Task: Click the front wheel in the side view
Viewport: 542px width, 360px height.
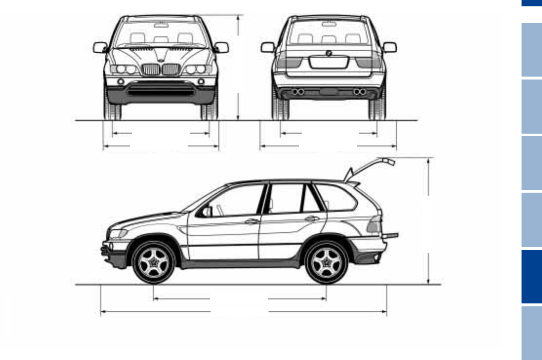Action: pos(153,262)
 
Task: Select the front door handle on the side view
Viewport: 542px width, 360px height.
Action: pos(252,221)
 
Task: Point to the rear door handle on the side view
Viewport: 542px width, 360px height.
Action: pos(312,219)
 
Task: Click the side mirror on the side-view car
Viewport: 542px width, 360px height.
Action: pos(206,211)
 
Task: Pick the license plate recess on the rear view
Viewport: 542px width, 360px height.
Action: pos(329,62)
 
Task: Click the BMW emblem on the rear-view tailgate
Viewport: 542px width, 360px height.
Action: pos(329,53)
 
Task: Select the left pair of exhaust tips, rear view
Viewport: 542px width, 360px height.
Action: pos(298,92)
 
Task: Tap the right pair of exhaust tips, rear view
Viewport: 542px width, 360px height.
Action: pos(359,92)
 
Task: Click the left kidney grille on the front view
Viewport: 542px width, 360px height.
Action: pos(151,69)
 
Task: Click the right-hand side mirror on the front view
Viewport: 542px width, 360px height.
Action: pos(222,47)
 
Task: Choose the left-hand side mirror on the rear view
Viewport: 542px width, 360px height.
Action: pos(268,47)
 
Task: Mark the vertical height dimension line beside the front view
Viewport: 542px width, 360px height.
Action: pos(238,67)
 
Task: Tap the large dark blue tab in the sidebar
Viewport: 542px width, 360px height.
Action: pos(531,277)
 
